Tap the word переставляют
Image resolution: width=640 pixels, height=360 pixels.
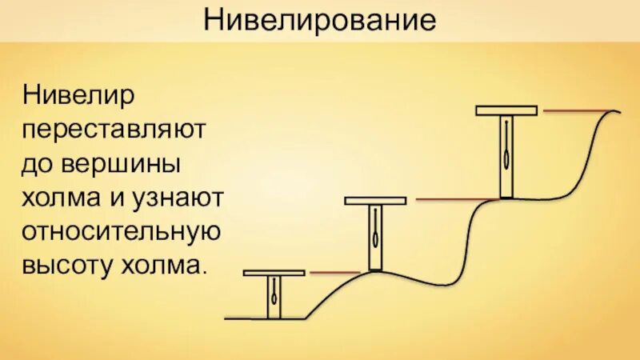pyautogui.click(x=115, y=130)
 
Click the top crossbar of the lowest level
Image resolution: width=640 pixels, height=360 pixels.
pyautogui.click(x=274, y=274)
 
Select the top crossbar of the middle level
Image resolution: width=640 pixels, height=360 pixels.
pyautogui.click(x=375, y=200)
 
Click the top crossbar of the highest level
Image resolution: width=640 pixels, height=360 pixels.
pyautogui.click(x=506, y=110)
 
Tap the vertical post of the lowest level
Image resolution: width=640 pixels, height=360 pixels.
pyautogui.click(x=274, y=298)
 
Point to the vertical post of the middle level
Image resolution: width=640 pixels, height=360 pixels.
pyautogui.click(x=375, y=238)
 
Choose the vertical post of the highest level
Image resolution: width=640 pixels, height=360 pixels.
pyautogui.click(x=506, y=156)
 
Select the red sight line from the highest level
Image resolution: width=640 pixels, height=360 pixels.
pyautogui.click(x=576, y=110)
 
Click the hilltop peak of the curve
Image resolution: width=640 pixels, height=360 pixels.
pyautogui.click(x=614, y=110)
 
